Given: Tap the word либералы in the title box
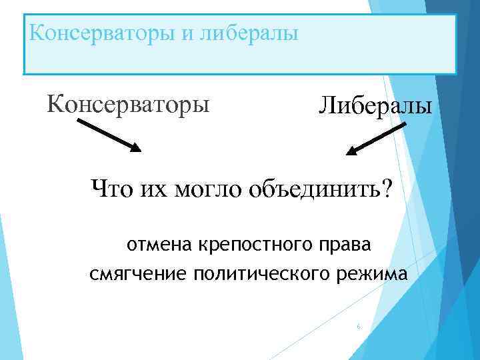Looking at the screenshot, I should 248,32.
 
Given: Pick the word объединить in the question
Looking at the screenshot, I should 311,189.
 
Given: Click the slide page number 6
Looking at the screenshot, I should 359,327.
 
